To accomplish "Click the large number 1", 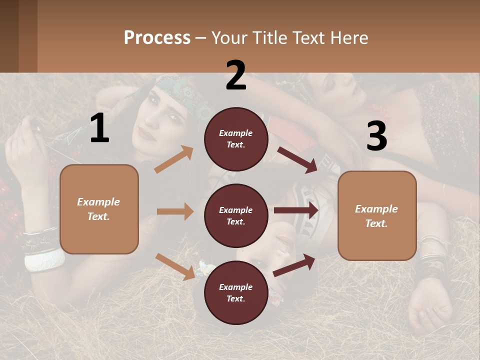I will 99,128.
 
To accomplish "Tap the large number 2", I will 236,75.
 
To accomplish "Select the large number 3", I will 376,136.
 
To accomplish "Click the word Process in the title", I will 157,37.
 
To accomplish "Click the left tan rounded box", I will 99,209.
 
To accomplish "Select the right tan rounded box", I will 377,215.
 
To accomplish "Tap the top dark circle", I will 236,139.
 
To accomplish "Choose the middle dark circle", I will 236,215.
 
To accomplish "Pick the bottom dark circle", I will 236,292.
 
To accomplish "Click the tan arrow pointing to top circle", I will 174,159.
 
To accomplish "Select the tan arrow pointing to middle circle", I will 175,211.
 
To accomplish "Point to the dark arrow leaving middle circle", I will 296,210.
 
